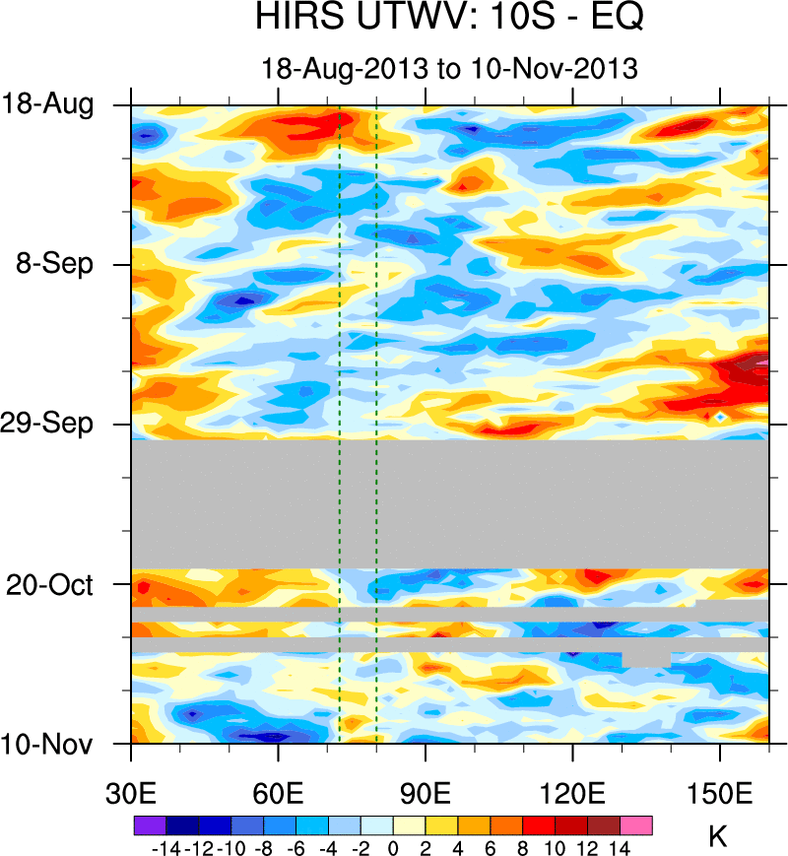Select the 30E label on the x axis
(132, 793)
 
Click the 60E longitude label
(279, 793)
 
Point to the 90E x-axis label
(426, 793)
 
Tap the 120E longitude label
(572, 793)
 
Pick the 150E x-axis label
(720, 793)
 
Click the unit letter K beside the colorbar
(718, 837)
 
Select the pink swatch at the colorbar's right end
(636, 824)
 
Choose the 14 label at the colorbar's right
(620, 847)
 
